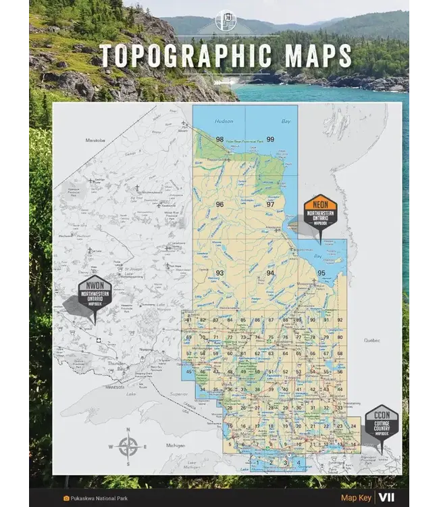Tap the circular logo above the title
(x=225, y=20)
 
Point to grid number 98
(x=219, y=139)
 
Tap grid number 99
(x=271, y=139)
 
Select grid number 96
(x=219, y=204)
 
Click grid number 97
(x=270, y=204)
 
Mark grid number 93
(x=219, y=272)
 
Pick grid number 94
(x=270, y=272)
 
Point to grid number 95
(x=321, y=272)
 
